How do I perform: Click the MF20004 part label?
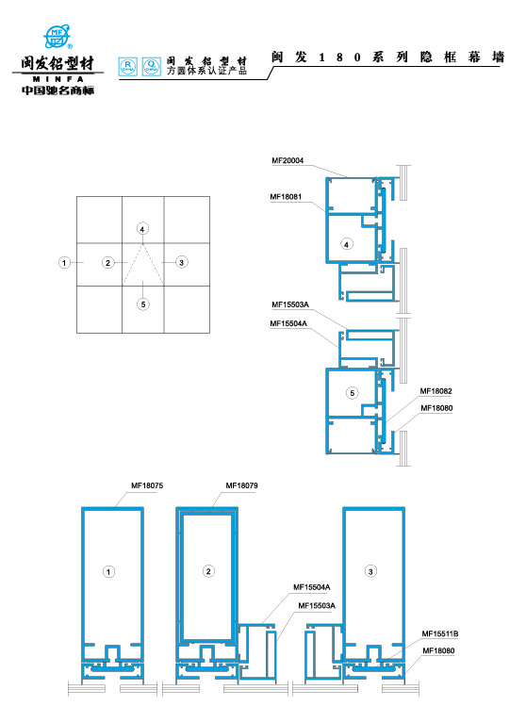(x=288, y=160)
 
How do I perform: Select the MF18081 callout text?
(x=286, y=197)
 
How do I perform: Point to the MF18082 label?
(x=436, y=391)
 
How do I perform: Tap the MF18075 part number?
(x=147, y=485)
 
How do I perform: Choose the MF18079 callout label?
(x=242, y=485)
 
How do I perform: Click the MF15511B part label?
(x=440, y=634)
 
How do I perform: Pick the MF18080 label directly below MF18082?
(x=436, y=408)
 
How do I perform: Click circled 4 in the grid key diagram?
(x=142, y=229)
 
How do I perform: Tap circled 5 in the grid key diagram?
(x=143, y=304)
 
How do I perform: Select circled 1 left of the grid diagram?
(x=64, y=262)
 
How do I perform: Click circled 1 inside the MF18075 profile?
(x=108, y=572)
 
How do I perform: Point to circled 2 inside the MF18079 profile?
(x=208, y=571)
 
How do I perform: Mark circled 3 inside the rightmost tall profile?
(x=370, y=571)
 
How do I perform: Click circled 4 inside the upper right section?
(x=346, y=244)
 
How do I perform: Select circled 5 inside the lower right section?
(x=353, y=393)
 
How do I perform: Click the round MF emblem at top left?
(x=58, y=37)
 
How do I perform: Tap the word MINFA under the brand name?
(x=58, y=79)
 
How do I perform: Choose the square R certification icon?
(x=128, y=66)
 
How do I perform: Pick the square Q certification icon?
(x=152, y=66)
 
